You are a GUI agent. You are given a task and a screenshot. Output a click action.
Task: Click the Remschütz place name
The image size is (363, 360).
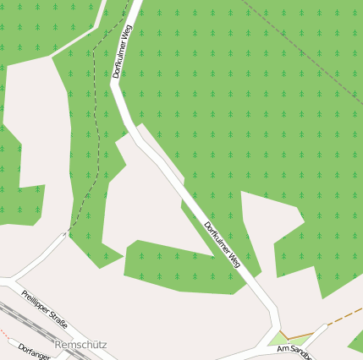click(80, 346)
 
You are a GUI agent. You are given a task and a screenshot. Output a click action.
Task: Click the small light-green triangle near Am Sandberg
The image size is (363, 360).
click(278, 340)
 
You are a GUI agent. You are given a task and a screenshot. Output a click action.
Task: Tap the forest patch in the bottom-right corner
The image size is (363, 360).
click(356, 341)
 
